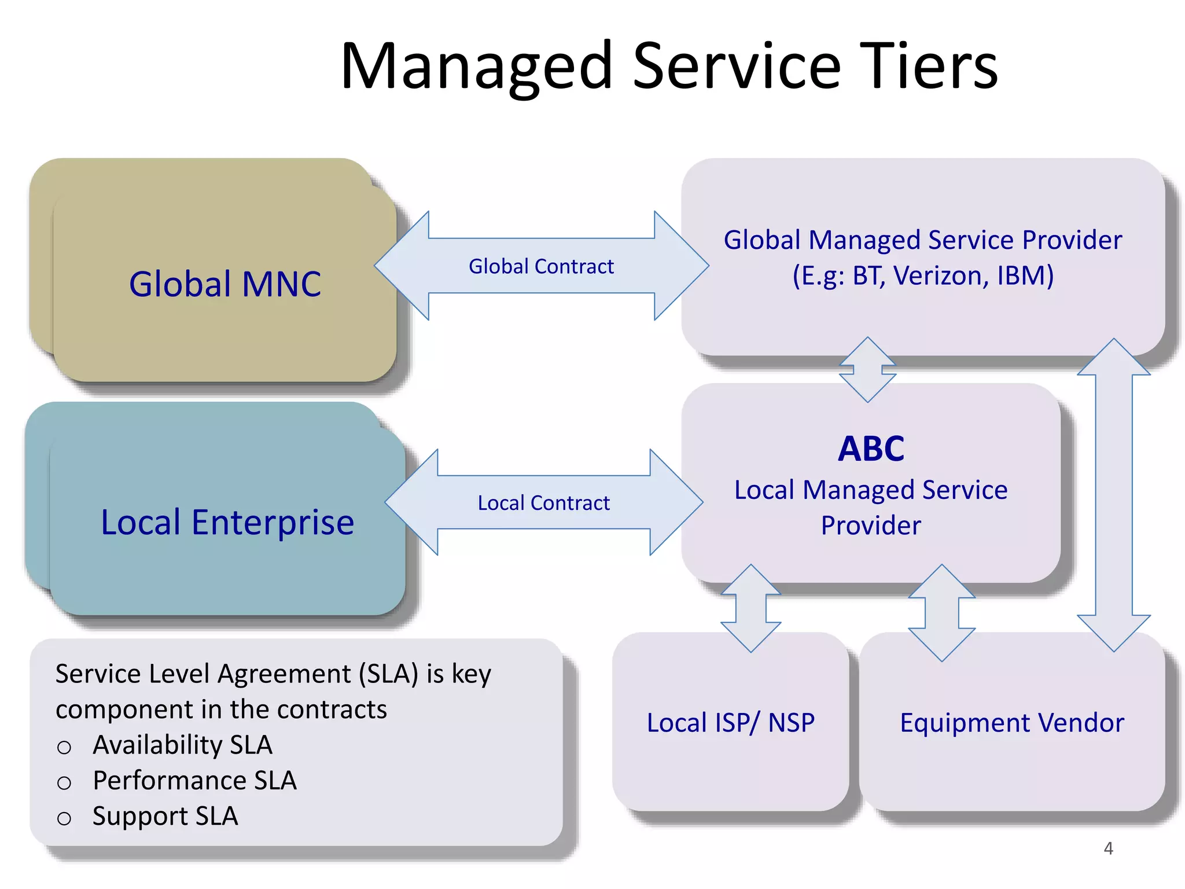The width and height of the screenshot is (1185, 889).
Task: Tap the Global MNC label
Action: pos(225,284)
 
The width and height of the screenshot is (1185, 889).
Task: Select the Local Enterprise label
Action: pos(227,522)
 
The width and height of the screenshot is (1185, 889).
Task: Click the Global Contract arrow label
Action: pos(541,266)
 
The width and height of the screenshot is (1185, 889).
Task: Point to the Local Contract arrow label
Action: pos(543,503)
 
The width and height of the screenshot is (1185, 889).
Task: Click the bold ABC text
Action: pos(871,449)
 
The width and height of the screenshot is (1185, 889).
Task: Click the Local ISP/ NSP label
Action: pos(730,722)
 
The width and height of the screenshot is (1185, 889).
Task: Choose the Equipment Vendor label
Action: pos(1011,722)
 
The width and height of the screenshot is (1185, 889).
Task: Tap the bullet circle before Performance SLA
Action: pos(64,783)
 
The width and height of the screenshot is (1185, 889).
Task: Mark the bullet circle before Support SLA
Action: pos(64,818)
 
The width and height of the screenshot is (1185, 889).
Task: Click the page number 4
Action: pos(1108,848)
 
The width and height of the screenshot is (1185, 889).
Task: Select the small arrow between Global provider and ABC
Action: pos(867,369)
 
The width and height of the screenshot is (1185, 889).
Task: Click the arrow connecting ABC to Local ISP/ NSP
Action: pos(750,608)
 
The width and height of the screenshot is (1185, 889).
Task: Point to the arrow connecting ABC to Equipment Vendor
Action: pos(941,612)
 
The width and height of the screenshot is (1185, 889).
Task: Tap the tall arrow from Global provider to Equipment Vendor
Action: pos(1113,495)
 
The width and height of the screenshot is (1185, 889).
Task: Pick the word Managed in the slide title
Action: pos(476,67)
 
